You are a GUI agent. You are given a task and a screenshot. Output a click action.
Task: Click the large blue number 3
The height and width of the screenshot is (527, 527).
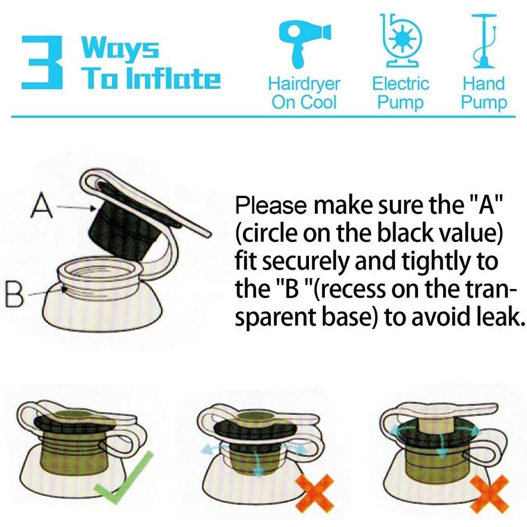[42, 63]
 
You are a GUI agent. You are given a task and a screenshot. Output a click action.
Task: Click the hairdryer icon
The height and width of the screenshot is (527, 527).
[304, 43]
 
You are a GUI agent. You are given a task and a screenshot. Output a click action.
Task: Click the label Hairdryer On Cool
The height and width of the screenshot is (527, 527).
[304, 93]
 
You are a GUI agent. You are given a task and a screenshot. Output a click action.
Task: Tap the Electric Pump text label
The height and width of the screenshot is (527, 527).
[401, 93]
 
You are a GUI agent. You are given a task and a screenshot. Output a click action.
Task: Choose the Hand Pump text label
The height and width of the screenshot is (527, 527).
[484, 93]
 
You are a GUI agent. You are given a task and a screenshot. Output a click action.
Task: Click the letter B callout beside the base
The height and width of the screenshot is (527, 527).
[15, 295]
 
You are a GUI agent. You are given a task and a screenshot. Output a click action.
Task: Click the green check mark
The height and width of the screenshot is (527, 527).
[124, 478]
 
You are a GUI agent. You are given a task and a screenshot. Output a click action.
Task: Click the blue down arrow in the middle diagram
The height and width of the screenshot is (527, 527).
[258, 463]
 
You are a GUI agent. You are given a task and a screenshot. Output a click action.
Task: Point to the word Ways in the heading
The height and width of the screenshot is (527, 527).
[120, 48]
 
